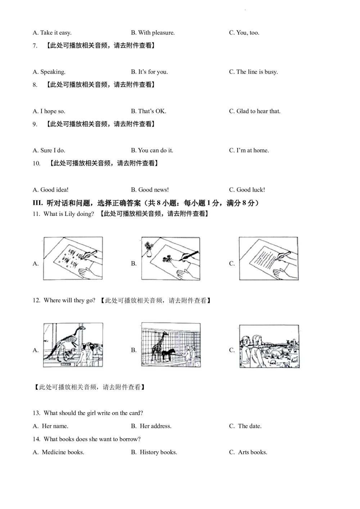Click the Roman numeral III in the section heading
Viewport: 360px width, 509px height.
38,203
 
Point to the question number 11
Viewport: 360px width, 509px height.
36,214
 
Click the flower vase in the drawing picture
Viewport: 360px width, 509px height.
149,249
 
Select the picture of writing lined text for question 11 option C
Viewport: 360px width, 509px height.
269,258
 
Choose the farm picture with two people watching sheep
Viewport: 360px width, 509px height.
269,346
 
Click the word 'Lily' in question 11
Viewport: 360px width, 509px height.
70,214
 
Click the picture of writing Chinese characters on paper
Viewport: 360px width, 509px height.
73,258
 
